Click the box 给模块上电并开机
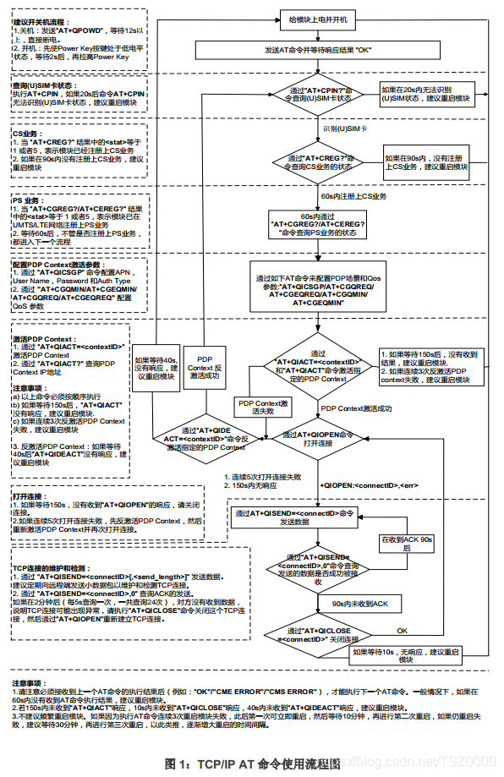pos(318,19)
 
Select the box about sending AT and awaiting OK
pos(318,49)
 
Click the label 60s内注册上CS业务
pos(353,197)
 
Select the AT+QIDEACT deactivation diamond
pos(203,436)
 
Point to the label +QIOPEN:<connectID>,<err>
pos(369,485)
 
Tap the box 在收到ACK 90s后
pos(407,543)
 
